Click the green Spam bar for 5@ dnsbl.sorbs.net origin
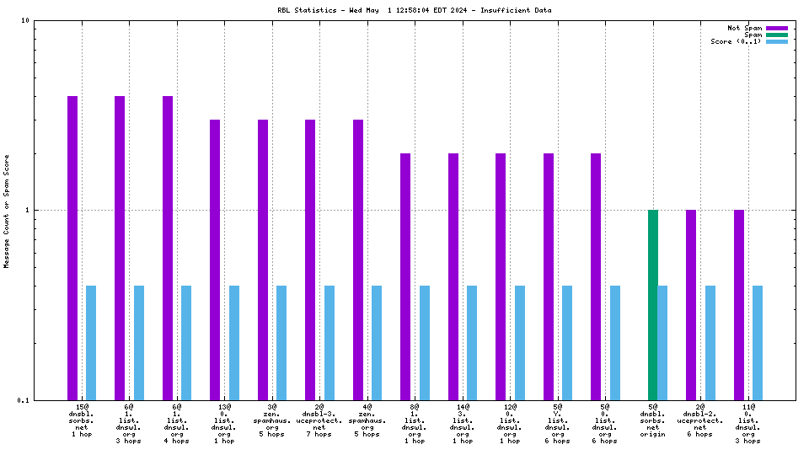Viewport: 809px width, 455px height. pos(652,304)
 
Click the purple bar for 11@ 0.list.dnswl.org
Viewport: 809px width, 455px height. pos(739,304)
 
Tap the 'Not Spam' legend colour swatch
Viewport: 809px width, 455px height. pos(776,28)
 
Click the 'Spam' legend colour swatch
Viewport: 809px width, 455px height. pos(776,35)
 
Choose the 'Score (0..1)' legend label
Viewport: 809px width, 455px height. pos(736,41)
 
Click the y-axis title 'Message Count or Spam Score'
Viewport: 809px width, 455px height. pos(7,211)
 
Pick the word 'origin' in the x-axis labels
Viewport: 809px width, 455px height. pos(653,434)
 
